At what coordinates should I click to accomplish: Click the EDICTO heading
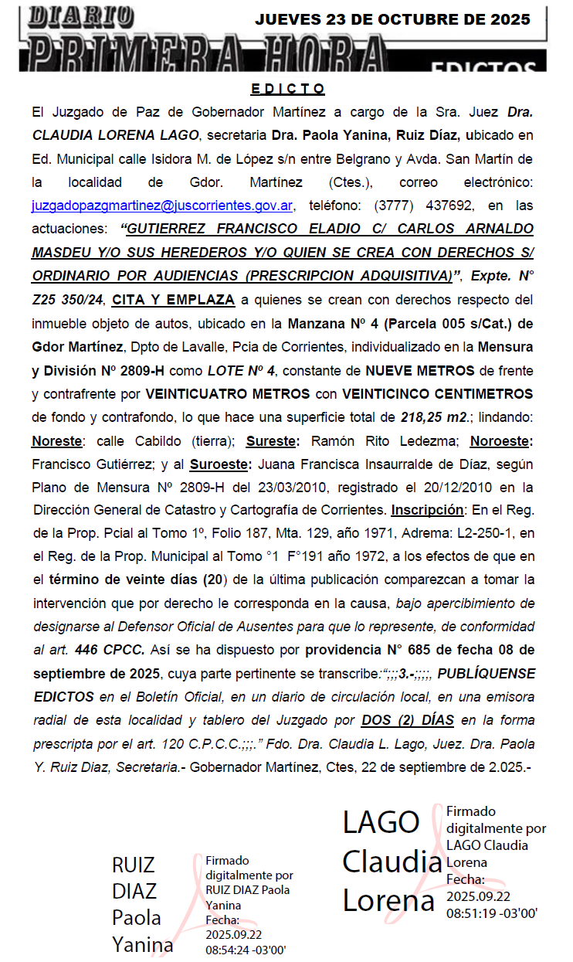pyautogui.click(x=288, y=89)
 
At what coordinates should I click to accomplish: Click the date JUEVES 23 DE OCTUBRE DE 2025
pyautogui.click(x=392, y=19)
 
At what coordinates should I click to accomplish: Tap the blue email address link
pyautogui.click(x=161, y=206)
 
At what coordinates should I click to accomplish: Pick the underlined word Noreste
pyautogui.click(x=56, y=441)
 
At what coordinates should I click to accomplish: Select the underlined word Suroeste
pyautogui.click(x=219, y=464)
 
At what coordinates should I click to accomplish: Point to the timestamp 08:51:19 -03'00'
pyautogui.click(x=491, y=913)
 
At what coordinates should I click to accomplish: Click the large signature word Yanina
pyautogui.click(x=143, y=944)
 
